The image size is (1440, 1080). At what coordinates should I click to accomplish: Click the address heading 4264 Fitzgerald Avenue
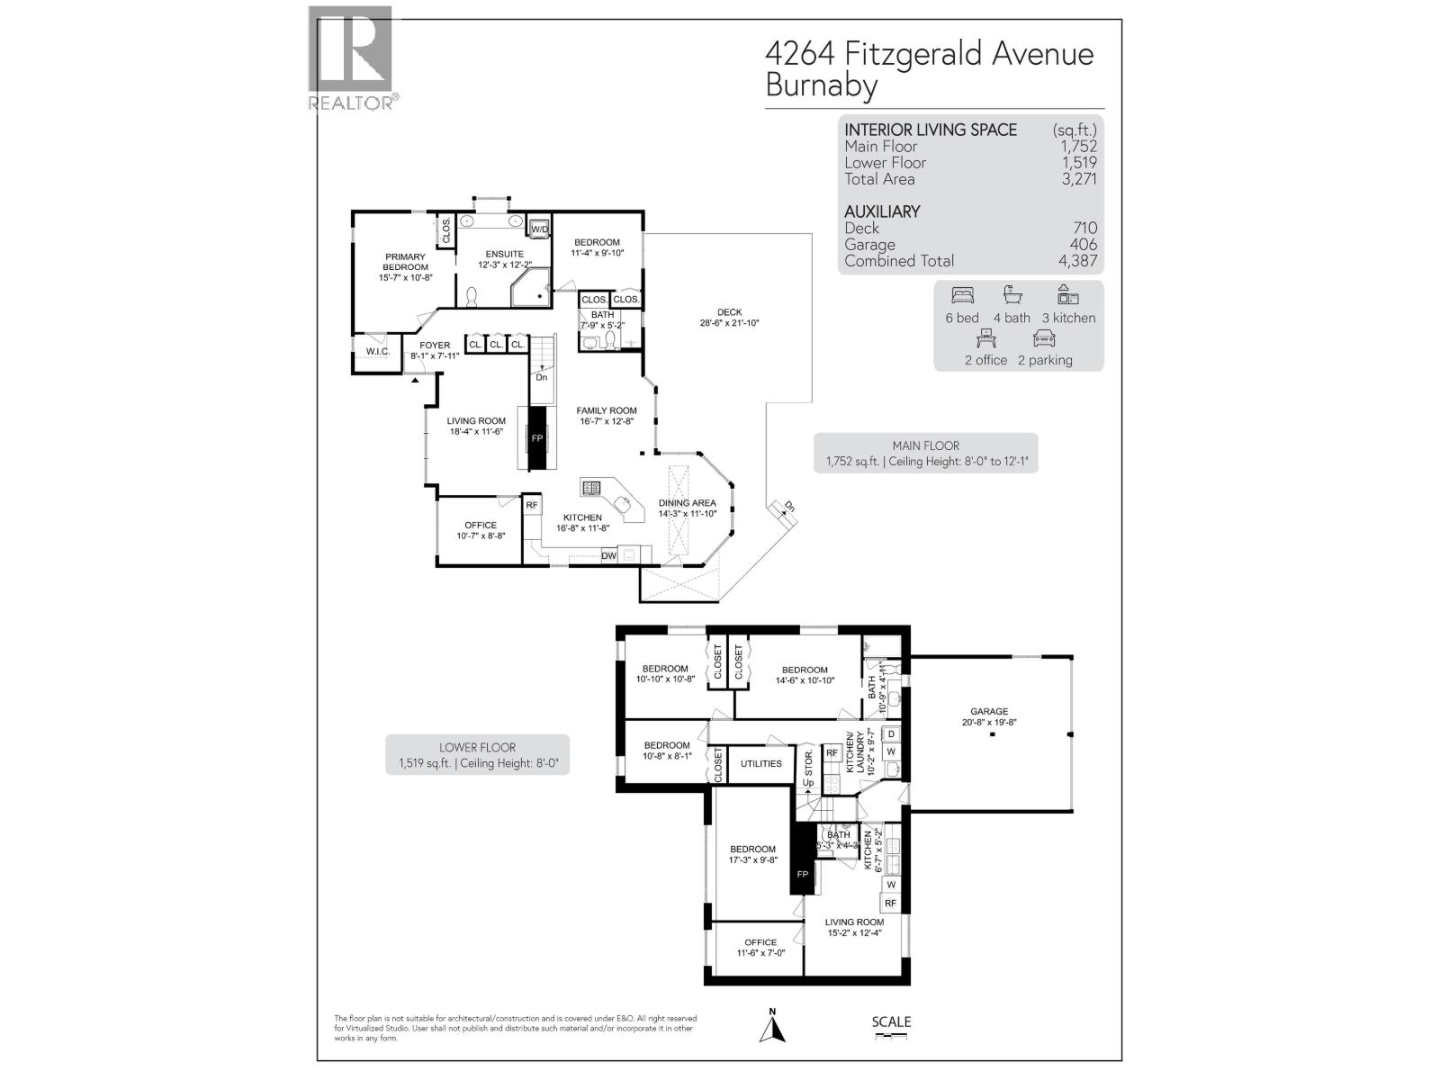pos(929,54)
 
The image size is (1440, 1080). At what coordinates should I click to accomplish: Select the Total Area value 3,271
pos(1078,179)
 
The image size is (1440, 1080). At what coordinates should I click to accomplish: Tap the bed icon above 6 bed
pos(962,295)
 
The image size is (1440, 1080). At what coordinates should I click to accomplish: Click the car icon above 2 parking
pos(1044,338)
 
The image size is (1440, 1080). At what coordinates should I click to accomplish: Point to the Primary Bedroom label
pos(405,262)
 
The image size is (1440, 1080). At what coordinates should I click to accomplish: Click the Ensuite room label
pos(501,255)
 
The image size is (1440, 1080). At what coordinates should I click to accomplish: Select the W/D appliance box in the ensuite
pos(539,229)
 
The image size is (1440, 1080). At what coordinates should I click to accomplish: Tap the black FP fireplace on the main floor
pos(537,437)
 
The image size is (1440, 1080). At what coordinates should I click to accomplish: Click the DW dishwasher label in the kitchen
pos(609,555)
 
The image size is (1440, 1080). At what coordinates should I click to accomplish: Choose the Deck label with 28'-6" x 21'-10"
pos(730,313)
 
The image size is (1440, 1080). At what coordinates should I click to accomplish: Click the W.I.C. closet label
pos(377,351)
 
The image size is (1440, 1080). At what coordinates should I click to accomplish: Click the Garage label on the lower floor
pos(988,711)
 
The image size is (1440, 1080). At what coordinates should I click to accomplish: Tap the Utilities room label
pos(761,764)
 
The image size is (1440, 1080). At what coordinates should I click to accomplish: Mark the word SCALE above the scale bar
pos(891,1021)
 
